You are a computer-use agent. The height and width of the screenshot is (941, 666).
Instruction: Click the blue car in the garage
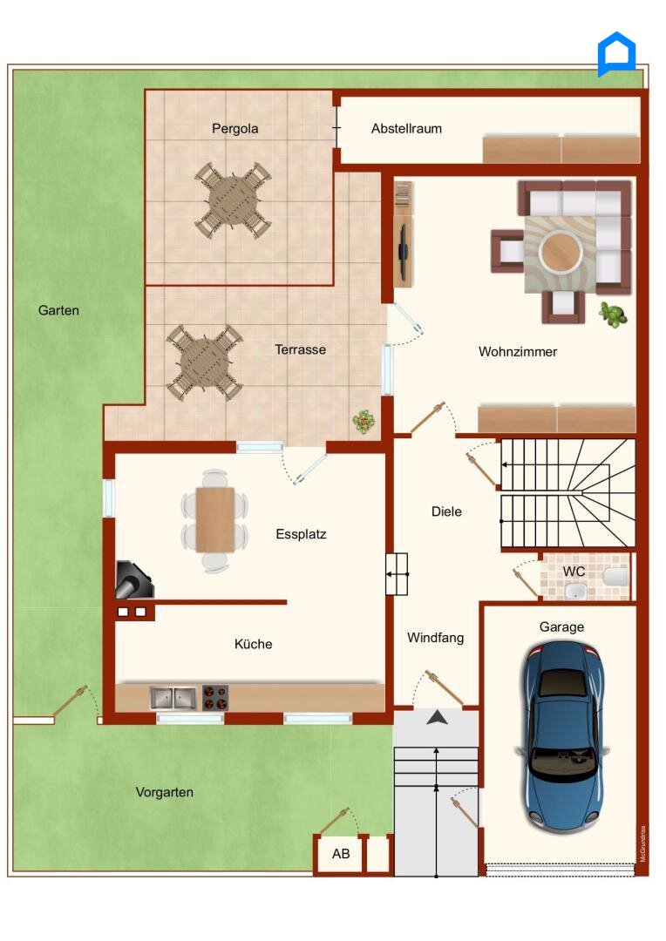(x=563, y=737)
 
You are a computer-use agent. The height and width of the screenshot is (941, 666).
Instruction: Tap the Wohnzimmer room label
(x=518, y=352)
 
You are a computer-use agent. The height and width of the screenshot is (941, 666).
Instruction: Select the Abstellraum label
(x=406, y=128)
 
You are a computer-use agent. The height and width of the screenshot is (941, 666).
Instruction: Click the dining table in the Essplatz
(x=215, y=519)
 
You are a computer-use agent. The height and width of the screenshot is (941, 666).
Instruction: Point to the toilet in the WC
(x=615, y=576)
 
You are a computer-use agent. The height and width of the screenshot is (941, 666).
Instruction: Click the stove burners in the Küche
(x=215, y=698)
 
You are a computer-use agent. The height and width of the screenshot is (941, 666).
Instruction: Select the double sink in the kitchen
(x=173, y=698)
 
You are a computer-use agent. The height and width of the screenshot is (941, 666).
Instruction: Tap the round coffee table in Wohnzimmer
(x=561, y=251)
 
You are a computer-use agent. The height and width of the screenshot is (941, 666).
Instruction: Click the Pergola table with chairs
(x=233, y=200)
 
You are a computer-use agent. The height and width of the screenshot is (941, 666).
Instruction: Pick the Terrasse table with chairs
(x=204, y=362)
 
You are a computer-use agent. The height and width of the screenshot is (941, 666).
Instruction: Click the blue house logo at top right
(x=616, y=55)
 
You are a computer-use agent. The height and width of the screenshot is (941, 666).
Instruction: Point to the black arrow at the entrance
(x=438, y=716)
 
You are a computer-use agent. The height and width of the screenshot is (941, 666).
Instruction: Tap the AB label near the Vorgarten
(x=341, y=853)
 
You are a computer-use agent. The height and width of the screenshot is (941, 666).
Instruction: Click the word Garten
(x=59, y=310)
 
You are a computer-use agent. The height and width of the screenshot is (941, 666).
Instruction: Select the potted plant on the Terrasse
(x=364, y=422)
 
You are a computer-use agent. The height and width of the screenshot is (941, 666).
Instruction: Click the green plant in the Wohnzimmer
(x=613, y=315)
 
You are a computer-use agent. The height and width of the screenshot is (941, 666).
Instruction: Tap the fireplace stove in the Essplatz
(x=134, y=579)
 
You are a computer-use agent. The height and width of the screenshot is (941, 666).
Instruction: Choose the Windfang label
(x=435, y=637)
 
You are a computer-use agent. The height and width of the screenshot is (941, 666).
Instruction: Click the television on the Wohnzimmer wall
(x=404, y=251)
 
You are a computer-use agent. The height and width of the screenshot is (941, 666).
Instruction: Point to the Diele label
(x=447, y=511)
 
